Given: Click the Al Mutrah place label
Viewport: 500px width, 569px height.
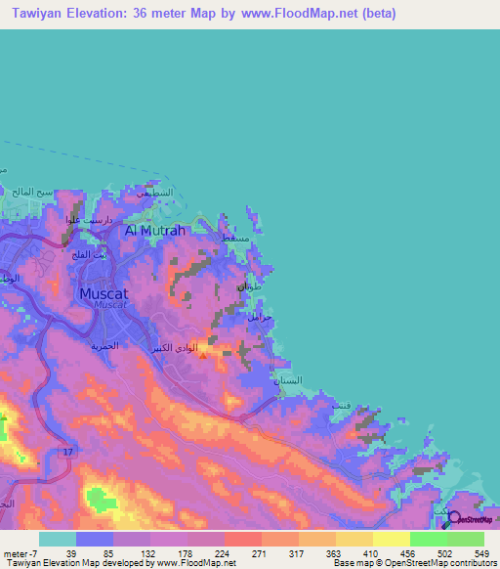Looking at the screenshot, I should click(154, 231).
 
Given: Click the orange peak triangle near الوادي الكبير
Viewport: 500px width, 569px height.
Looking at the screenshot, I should click(202, 356).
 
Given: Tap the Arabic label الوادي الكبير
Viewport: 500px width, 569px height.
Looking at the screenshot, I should click(173, 347).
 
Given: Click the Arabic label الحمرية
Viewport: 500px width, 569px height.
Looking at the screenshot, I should click(104, 345).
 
